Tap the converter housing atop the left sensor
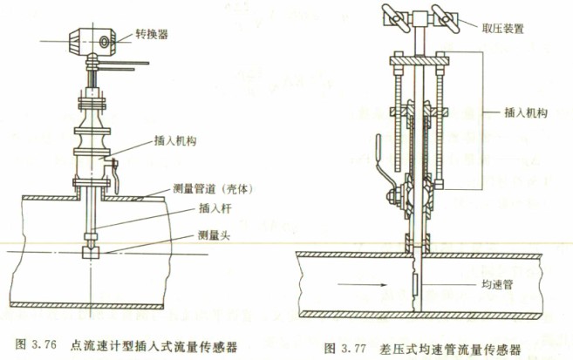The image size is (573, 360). [92, 41]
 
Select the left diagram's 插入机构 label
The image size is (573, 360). [175, 140]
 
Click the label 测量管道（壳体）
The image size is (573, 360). [213, 189]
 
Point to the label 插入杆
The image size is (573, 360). [215, 209]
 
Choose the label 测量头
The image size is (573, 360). [215, 235]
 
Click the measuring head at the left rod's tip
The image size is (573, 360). [90, 252]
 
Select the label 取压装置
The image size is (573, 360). [503, 29]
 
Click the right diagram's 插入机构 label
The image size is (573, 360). [526, 112]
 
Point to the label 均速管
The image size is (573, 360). [497, 284]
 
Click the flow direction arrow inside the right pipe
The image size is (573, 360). [362, 285]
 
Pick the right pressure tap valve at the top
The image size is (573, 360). [445, 17]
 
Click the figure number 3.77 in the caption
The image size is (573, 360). [354, 349]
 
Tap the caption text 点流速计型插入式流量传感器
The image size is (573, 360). [153, 346]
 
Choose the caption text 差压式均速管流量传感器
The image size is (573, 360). [450, 350]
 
